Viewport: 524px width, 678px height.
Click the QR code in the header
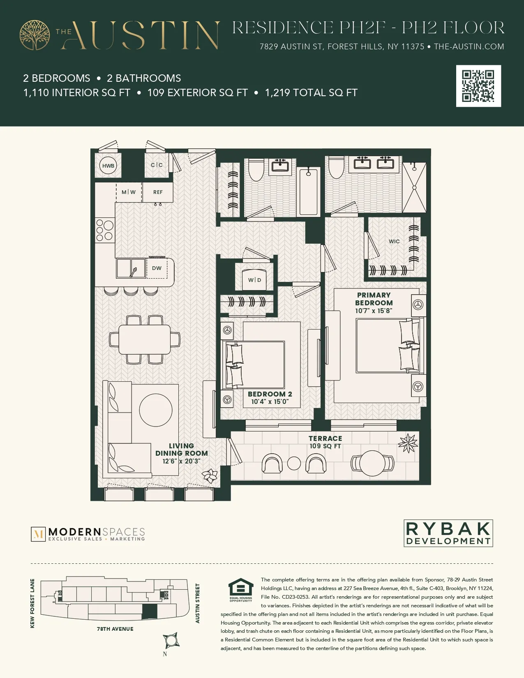tap(478, 86)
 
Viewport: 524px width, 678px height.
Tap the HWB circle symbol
tap(108, 166)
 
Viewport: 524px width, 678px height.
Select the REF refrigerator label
tap(158, 192)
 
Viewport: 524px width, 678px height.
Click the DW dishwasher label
tap(157, 268)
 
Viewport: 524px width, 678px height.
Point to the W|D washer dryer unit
tap(254, 279)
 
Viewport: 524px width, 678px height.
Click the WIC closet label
tap(394, 241)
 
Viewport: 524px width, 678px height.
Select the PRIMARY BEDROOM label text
tap(374, 299)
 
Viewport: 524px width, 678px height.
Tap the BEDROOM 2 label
tap(270, 394)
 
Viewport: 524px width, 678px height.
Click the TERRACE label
tap(325, 438)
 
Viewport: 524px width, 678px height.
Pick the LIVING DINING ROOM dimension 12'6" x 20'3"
tap(181, 461)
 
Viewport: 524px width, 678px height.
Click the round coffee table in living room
tap(156, 410)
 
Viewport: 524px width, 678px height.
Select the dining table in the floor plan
tap(145, 339)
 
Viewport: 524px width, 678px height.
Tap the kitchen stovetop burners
tap(104, 230)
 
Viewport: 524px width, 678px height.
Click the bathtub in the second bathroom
tap(308, 191)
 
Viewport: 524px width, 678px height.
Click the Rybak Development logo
tap(448, 533)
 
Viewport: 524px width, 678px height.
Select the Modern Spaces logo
tap(88, 534)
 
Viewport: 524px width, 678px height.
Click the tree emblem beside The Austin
tap(35, 35)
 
